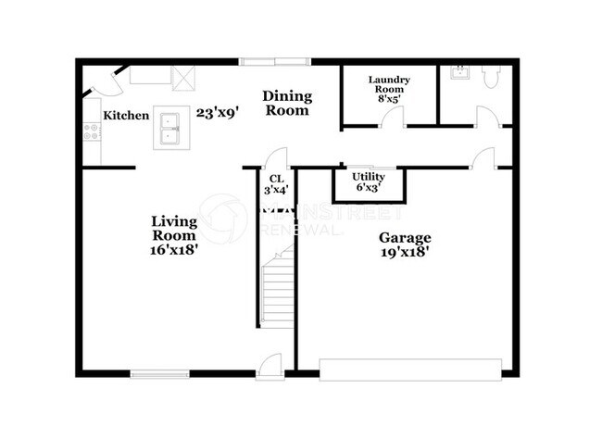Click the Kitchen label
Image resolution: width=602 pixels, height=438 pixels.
(x=126, y=116)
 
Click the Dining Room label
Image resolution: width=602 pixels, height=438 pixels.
(x=286, y=103)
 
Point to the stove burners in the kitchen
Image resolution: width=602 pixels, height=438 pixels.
(x=92, y=131)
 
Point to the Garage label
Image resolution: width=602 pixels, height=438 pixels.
(x=405, y=237)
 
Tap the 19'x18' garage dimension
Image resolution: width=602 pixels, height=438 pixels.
(x=405, y=251)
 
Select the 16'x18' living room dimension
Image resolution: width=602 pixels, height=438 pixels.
(x=174, y=248)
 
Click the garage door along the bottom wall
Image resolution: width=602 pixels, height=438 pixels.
(x=411, y=369)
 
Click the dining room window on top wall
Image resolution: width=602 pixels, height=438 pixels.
(x=275, y=62)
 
